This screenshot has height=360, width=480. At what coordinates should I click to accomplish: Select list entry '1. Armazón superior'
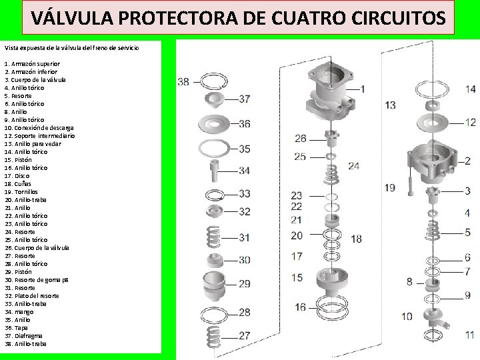(x=32, y=63)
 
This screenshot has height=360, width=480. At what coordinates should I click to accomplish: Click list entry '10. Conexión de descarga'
(x=39, y=127)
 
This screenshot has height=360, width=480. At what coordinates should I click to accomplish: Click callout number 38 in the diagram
(x=183, y=82)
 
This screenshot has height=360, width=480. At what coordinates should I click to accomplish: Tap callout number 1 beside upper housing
(x=363, y=88)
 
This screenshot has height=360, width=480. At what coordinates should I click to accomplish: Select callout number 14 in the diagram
(x=470, y=89)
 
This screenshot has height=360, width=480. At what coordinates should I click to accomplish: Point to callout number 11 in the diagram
(x=469, y=335)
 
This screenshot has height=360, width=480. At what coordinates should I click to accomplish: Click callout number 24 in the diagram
(x=353, y=165)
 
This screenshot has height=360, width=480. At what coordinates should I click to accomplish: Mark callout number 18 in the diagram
(x=357, y=238)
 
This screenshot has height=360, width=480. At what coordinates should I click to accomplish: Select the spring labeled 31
(x=213, y=236)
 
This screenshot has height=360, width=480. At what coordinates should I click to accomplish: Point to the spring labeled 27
(x=213, y=336)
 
